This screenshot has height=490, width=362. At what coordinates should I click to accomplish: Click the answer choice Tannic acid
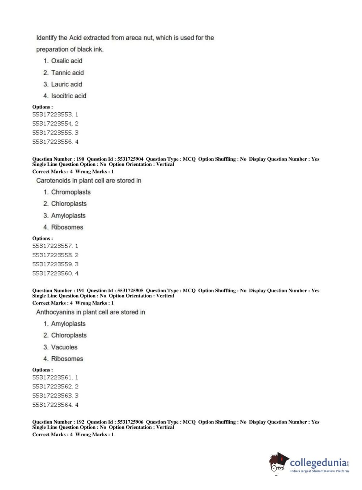(x=67, y=73)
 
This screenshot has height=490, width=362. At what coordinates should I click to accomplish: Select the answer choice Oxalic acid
(x=67, y=61)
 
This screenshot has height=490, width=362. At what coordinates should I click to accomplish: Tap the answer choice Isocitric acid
(x=69, y=96)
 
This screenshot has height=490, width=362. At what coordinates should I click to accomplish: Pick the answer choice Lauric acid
(x=67, y=84)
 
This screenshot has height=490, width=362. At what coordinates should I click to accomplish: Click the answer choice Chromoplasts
(x=71, y=192)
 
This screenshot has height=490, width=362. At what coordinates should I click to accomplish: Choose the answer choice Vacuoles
(x=64, y=347)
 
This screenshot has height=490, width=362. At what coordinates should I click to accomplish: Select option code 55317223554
(x=52, y=124)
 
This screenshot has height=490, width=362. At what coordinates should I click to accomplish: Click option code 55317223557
(x=52, y=246)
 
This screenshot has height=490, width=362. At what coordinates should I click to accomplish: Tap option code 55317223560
(x=52, y=274)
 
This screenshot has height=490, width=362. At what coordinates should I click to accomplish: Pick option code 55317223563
(x=52, y=396)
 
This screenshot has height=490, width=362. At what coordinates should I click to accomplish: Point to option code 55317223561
(x=52, y=377)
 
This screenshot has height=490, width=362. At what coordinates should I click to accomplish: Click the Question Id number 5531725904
(x=130, y=159)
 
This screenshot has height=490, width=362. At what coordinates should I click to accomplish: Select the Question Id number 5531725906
(x=130, y=422)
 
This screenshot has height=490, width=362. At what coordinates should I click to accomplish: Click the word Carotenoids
(x=53, y=180)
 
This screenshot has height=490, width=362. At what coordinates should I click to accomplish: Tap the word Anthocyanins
(x=55, y=312)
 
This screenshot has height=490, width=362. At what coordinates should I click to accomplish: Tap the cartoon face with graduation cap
(x=278, y=462)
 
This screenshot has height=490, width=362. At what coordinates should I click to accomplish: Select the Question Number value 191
(x=80, y=291)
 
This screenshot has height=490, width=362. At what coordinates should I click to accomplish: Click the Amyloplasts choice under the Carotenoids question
(x=68, y=215)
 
